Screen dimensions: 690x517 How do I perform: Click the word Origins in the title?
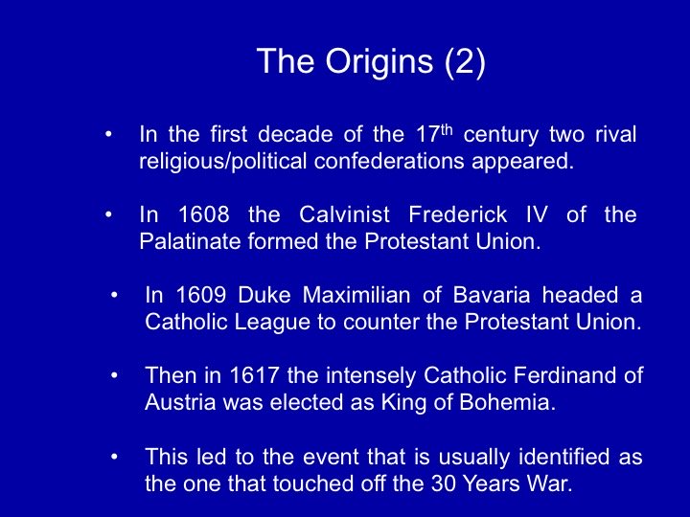379,62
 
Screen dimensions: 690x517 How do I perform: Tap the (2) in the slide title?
465,62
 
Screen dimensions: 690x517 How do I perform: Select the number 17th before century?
434,134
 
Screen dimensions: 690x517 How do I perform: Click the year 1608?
204,214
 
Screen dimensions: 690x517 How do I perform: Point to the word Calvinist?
345,214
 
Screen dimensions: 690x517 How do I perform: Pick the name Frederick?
458,214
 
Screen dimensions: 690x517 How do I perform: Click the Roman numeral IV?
538,214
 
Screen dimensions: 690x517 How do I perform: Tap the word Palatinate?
190,241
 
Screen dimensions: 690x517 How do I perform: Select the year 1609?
201,295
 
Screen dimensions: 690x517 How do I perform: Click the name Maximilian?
356,295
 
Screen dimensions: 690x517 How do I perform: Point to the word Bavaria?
492,295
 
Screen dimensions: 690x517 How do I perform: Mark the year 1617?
255,375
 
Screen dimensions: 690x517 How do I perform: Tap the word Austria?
180,402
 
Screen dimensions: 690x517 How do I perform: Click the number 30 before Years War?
443,483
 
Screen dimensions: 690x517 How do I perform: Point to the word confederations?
389,161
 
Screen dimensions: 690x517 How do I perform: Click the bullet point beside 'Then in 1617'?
114,376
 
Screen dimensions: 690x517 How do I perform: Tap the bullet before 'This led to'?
114,457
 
